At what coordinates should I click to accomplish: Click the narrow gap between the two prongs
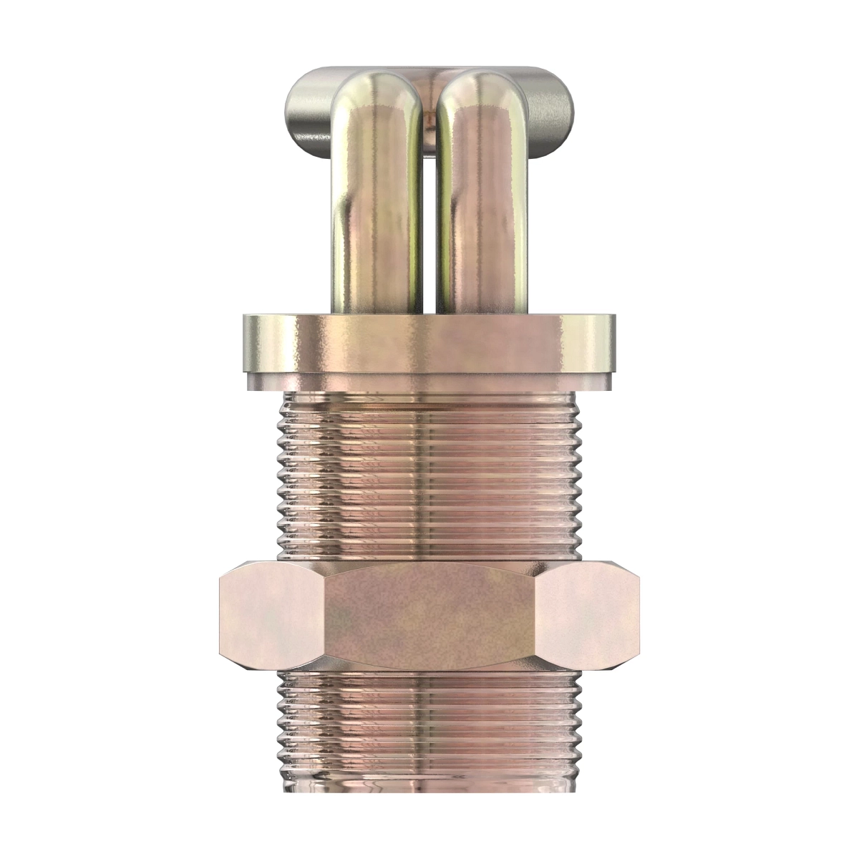point(427,215)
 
